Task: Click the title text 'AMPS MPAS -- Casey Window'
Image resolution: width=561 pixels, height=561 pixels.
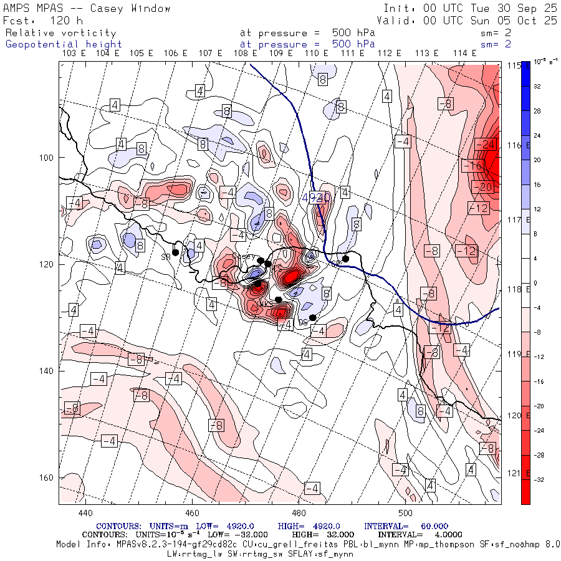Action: click(x=87, y=8)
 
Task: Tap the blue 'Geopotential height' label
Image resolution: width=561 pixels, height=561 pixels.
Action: click(x=64, y=44)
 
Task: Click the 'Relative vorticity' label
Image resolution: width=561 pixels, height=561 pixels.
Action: click(x=60, y=32)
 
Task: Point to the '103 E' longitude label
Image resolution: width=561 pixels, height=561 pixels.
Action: click(x=74, y=54)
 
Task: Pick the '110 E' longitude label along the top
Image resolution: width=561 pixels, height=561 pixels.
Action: click(x=317, y=54)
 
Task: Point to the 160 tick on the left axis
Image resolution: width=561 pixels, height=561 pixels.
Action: click(x=48, y=477)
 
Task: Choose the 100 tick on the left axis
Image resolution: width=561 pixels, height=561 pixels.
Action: click(x=48, y=157)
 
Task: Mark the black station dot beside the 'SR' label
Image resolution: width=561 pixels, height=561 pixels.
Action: click(x=176, y=252)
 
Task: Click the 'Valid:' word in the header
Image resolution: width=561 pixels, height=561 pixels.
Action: click(x=397, y=20)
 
